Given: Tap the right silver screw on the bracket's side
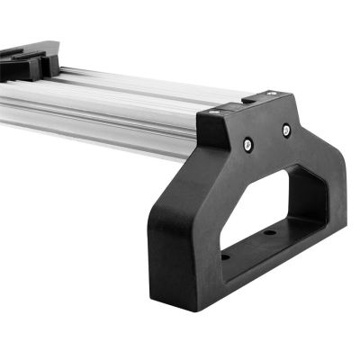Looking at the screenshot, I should (x=286, y=130).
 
